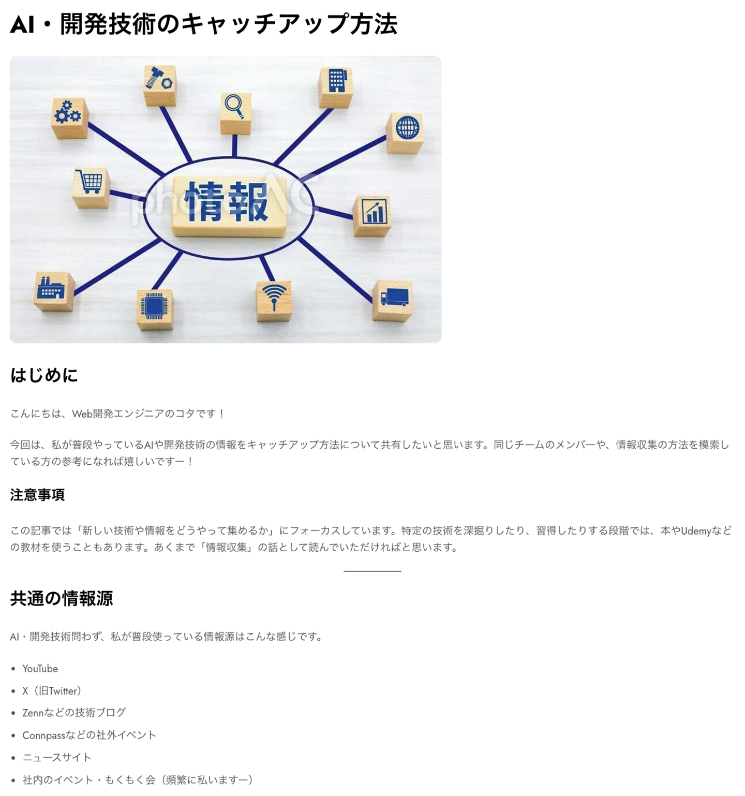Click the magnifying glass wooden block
(x=235, y=113)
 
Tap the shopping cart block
(x=91, y=187)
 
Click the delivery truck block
(x=393, y=300)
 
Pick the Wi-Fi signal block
(x=274, y=300)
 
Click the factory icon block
(x=53, y=290)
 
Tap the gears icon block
(x=69, y=117)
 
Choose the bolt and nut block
(x=159, y=85)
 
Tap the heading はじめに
(x=44, y=375)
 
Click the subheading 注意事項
(x=37, y=495)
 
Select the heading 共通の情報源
(x=62, y=598)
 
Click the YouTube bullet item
(x=40, y=669)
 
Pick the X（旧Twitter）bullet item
(x=52, y=691)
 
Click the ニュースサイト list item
(x=57, y=758)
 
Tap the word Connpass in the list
(x=44, y=735)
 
